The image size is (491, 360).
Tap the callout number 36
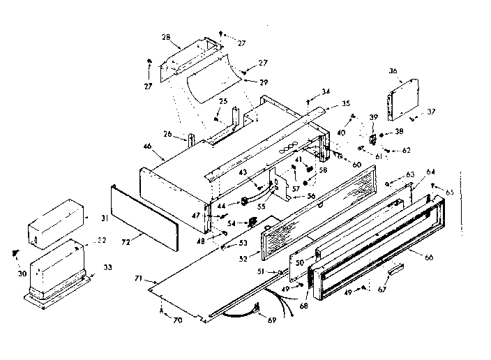click(393, 70)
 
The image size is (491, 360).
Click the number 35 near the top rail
click(346, 104)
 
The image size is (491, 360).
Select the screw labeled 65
click(434, 186)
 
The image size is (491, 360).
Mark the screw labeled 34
click(308, 102)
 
